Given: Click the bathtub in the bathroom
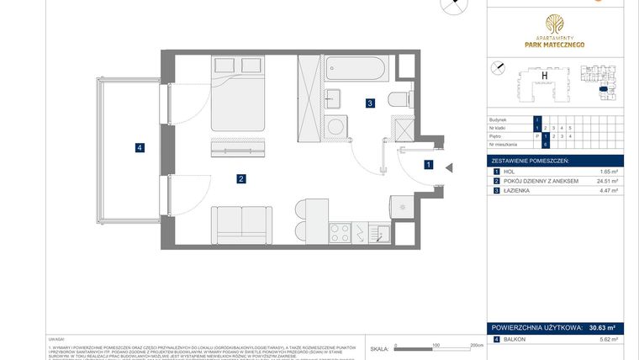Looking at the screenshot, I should (354, 66).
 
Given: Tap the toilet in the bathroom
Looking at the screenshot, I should (400, 98).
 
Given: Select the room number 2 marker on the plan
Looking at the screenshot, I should (241, 178).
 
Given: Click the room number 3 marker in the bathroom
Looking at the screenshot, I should (370, 103).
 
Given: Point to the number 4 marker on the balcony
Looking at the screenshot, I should (140, 148).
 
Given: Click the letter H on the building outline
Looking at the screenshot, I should (545, 77).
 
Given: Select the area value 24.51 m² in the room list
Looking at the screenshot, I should (607, 181).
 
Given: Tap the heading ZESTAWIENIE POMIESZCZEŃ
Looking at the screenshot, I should (531, 160).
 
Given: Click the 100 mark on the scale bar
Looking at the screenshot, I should (436, 344).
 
